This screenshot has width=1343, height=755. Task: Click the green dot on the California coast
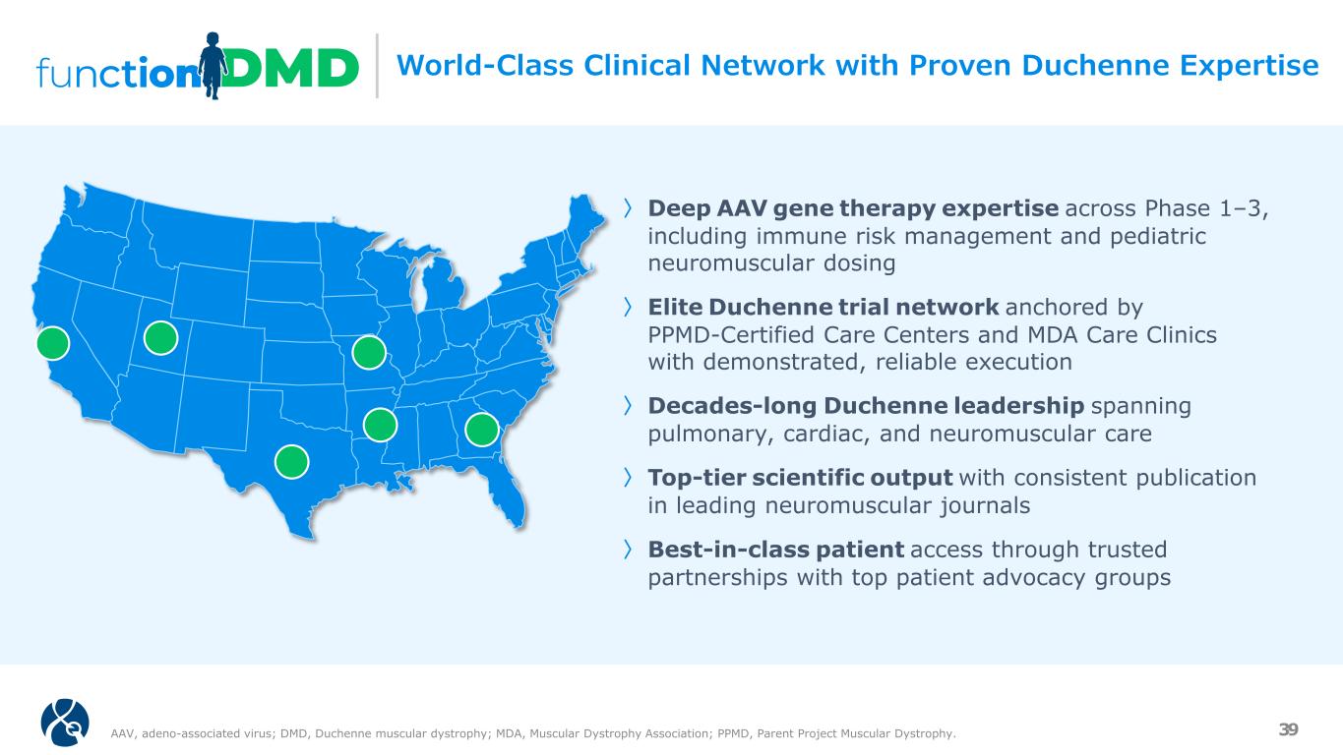[x=53, y=343]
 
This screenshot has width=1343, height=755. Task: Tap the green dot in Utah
[x=160, y=337]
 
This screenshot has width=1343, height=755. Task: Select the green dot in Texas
[x=291, y=461]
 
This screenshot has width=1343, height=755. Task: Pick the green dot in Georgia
[x=481, y=429]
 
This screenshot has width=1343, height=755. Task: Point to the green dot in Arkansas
[x=380, y=425]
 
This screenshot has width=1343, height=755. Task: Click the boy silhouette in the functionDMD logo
[x=213, y=65]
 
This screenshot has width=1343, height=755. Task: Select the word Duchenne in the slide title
[x=1095, y=65]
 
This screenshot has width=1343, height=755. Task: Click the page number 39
[x=1289, y=729]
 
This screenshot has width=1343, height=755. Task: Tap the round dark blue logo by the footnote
[x=65, y=723]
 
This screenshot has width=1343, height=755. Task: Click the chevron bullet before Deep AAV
[x=627, y=208]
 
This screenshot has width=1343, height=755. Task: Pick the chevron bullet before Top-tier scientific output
[x=627, y=478]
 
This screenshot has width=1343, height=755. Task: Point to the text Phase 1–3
[x=1206, y=208]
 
